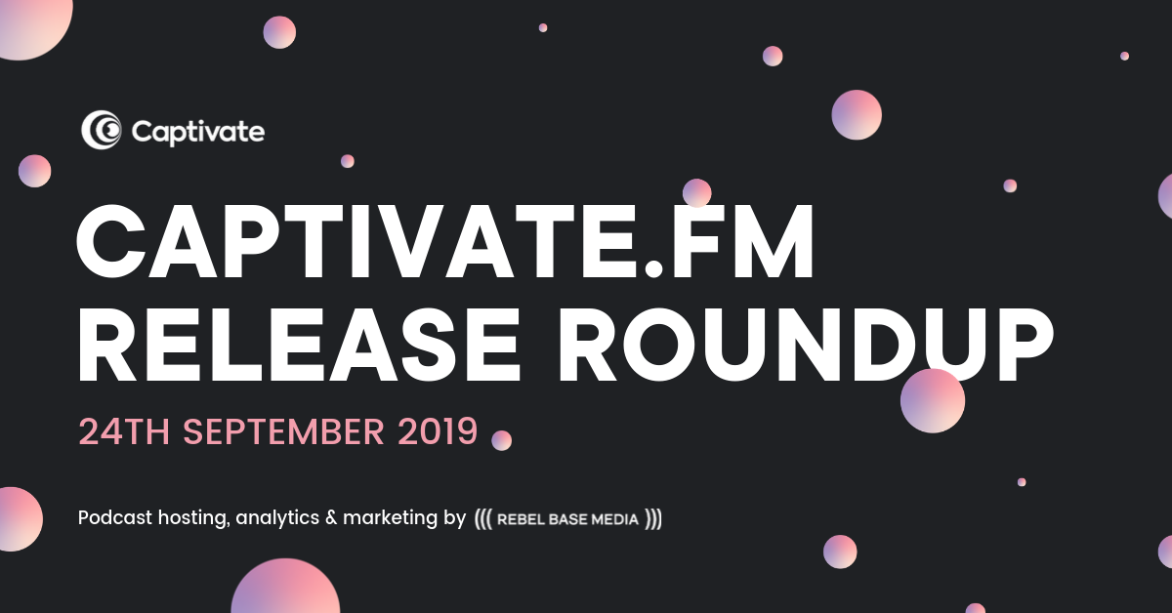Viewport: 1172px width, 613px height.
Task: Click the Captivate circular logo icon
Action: [101, 129]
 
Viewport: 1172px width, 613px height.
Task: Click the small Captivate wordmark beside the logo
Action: [197, 133]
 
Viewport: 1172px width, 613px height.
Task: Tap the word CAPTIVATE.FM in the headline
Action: [445, 242]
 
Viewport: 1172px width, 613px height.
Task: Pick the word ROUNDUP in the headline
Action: [806, 346]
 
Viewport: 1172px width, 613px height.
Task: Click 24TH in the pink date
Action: [124, 431]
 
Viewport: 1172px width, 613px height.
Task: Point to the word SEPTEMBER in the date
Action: [283, 431]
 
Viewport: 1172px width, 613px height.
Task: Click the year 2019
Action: [438, 431]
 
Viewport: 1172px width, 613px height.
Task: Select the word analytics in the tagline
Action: [277, 518]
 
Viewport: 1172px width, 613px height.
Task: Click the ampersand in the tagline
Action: [331, 517]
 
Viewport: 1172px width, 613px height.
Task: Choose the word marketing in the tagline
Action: [390, 518]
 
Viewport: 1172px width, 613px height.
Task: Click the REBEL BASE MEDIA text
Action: [567, 519]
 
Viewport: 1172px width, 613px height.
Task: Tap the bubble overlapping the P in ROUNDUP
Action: [933, 400]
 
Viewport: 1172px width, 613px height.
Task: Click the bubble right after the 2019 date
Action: [501, 440]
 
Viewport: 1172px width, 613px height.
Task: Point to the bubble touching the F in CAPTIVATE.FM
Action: [697, 192]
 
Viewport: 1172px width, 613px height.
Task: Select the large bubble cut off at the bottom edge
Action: [285, 587]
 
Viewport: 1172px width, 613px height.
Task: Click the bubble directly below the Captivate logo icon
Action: [34, 171]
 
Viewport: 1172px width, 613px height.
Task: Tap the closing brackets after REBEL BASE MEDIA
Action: [653, 519]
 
